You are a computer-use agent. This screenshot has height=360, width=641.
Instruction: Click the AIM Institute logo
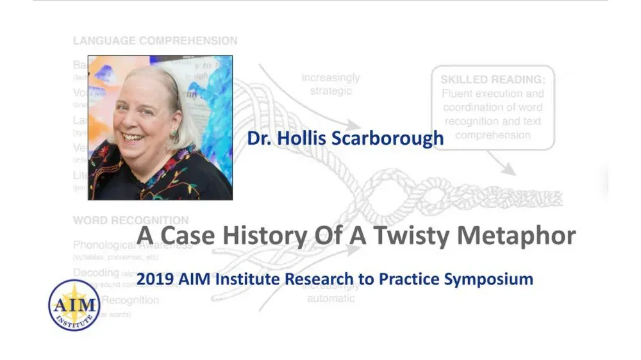[x=74, y=304]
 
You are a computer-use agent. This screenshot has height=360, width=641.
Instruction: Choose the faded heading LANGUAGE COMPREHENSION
[x=155, y=41]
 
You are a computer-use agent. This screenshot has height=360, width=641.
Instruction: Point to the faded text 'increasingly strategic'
[x=331, y=84]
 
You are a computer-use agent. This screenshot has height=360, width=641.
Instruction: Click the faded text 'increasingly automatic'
[x=331, y=293]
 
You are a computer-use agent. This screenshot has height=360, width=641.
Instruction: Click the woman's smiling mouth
[x=135, y=136]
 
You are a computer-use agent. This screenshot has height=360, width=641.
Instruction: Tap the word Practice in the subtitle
[x=395, y=279]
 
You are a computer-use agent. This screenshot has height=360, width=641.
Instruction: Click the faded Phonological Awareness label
[x=133, y=245]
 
